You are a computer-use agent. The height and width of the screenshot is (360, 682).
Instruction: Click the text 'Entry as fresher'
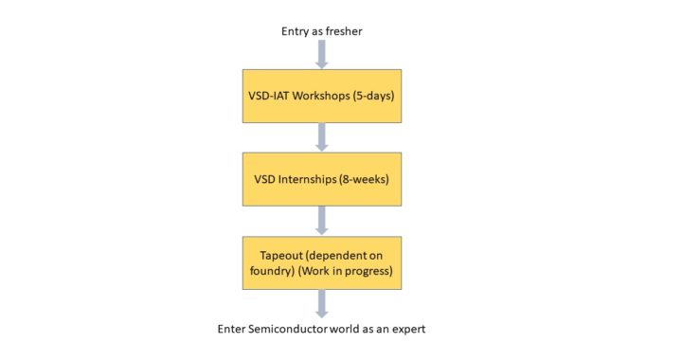pos(322,31)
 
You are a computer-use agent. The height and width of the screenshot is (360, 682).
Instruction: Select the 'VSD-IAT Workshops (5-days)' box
pos(322,95)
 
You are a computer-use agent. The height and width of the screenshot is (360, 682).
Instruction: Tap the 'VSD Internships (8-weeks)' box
pos(322,178)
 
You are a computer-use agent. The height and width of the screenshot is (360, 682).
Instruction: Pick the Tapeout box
pos(322,262)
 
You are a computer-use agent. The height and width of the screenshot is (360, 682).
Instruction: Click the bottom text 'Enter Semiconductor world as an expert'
pos(322,330)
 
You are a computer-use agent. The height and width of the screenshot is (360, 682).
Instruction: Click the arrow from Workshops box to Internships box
pos(322,136)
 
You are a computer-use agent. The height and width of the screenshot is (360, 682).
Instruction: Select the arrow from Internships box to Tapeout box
pos(322,220)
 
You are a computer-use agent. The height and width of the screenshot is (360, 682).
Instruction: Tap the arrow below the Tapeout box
pos(322,303)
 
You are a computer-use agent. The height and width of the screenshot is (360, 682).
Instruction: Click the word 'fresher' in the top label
pos(343,31)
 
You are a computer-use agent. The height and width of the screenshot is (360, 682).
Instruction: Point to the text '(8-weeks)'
pos(367,179)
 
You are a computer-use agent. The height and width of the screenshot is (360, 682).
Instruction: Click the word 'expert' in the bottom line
pos(406,330)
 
